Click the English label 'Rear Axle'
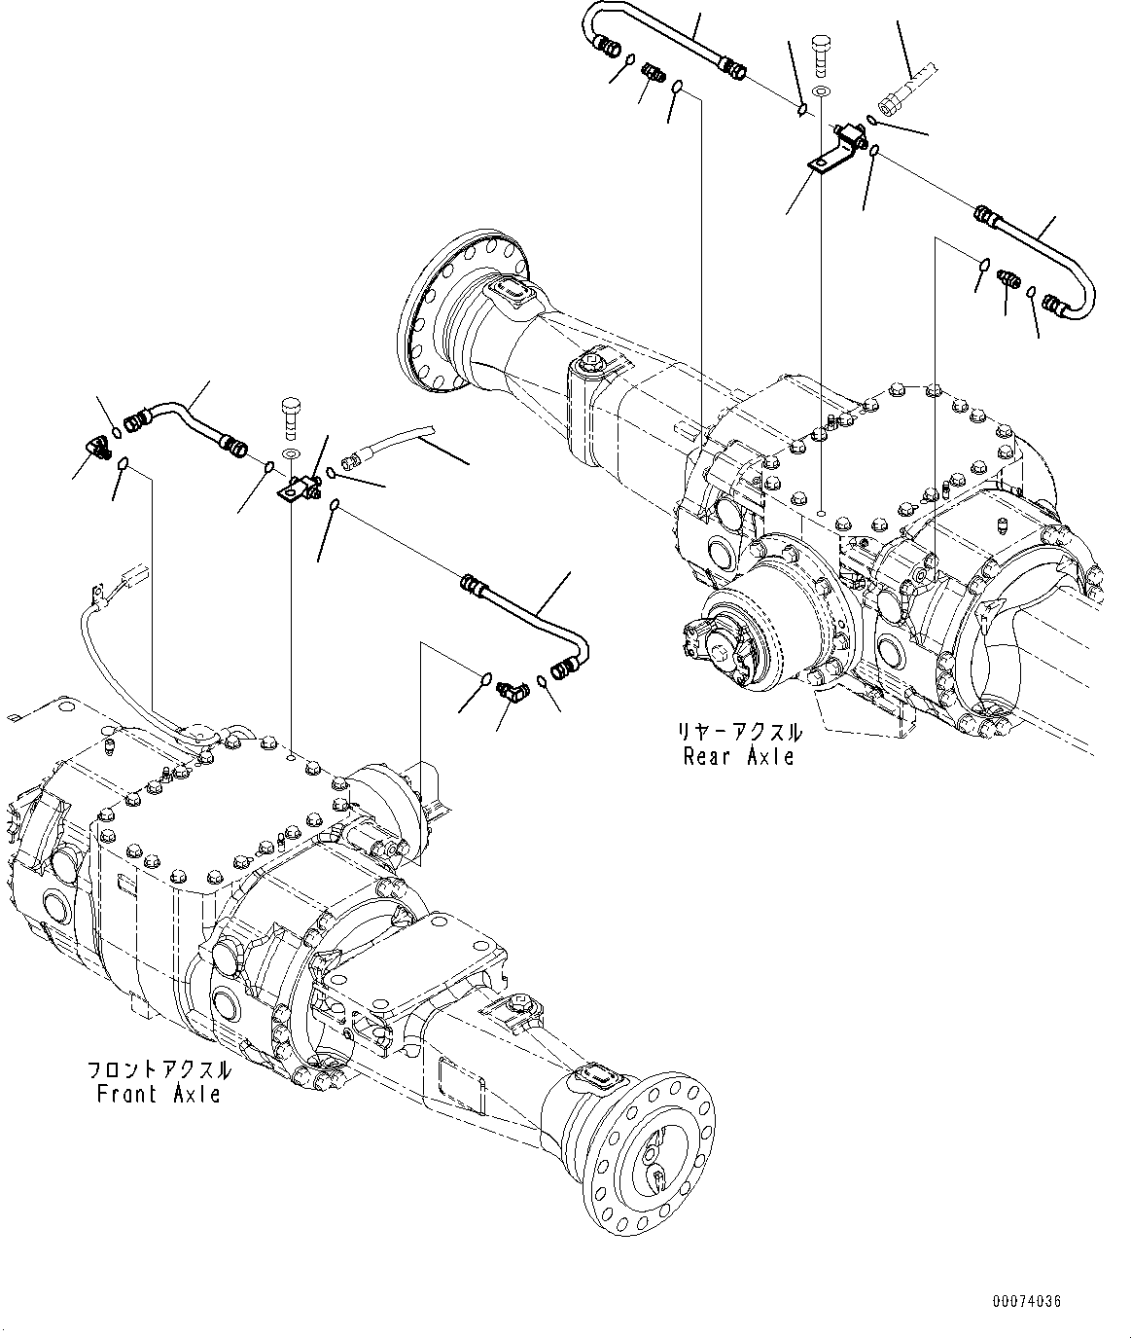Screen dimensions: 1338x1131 (738, 756)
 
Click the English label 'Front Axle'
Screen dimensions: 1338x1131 (159, 1095)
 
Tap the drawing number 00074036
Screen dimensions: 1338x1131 (1026, 1301)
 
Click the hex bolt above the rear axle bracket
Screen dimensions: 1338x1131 (821, 54)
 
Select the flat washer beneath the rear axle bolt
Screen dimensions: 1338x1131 (821, 91)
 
